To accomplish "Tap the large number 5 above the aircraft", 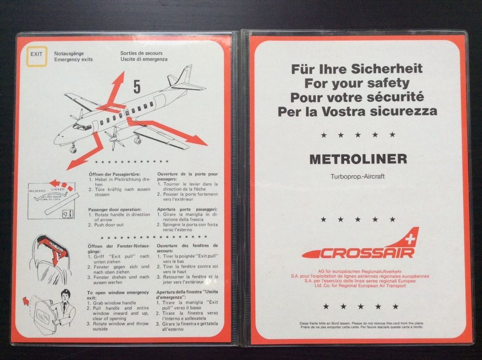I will pyautogui.click(x=137, y=87).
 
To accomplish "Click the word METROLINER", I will pyautogui.click(x=357, y=159).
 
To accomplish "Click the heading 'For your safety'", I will pyautogui.click(x=357, y=82).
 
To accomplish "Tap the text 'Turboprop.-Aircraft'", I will pyautogui.click(x=357, y=176).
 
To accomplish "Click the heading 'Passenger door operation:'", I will pyautogui.click(x=115, y=209).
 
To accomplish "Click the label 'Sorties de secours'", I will pyautogui.click(x=141, y=53).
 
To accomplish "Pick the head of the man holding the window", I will pyautogui.click(x=66, y=294).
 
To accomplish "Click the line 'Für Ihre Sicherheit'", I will pyautogui.click(x=357, y=68).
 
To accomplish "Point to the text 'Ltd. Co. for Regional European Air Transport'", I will pyautogui.click(x=357, y=286).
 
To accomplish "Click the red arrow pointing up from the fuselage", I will pyautogui.click(x=116, y=89).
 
